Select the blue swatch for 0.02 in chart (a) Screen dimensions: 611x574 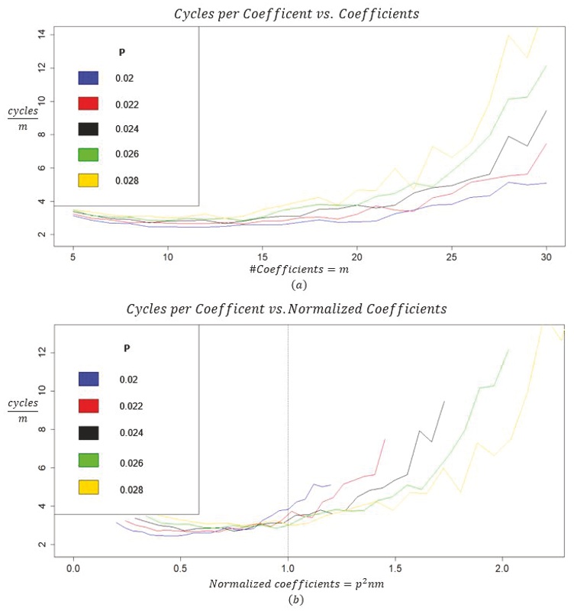(x=89, y=78)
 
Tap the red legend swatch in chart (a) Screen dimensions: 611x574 (x=89, y=104)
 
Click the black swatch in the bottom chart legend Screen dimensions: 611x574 (x=89, y=432)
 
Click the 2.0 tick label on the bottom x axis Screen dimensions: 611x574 (x=501, y=569)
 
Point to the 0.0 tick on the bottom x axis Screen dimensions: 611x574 (x=73, y=569)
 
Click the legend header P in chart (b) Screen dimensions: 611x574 (x=127, y=348)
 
